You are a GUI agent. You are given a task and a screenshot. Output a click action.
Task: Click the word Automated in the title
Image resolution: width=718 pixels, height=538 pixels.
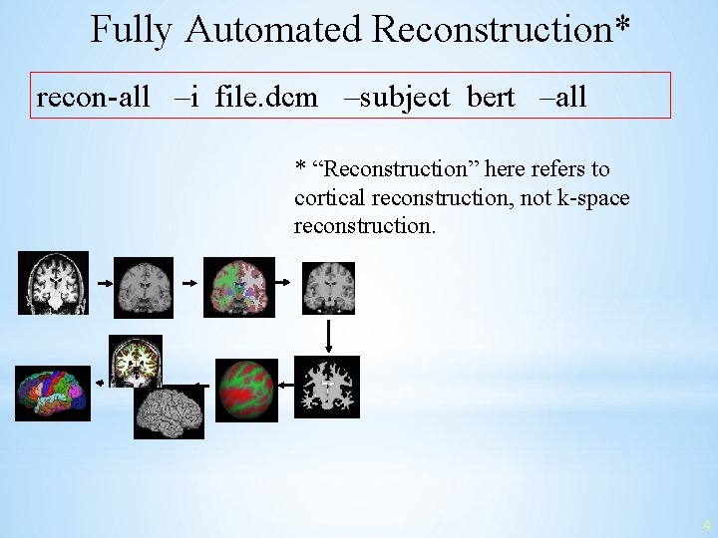tap(273, 30)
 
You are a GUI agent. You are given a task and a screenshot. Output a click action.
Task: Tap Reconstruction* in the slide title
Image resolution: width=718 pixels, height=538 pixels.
tap(501, 30)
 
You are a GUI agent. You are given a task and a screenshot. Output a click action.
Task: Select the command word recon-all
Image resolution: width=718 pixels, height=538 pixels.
tap(93, 97)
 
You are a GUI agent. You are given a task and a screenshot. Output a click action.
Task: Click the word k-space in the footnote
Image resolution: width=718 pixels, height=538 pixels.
tap(595, 198)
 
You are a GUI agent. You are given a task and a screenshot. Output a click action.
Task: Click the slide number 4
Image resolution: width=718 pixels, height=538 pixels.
tap(706, 524)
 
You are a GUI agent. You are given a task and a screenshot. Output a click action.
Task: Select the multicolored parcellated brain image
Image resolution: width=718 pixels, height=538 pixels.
tap(52, 393)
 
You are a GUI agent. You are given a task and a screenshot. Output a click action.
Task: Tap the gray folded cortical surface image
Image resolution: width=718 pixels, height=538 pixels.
tap(169, 411)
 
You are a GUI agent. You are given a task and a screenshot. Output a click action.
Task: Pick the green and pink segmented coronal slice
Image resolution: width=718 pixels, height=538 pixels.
tap(239, 286)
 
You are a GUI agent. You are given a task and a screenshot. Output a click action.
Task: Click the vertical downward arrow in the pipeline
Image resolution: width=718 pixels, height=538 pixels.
tap(328, 335)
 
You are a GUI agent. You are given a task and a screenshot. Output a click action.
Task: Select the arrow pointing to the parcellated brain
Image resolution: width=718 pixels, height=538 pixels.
tap(101, 382)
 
